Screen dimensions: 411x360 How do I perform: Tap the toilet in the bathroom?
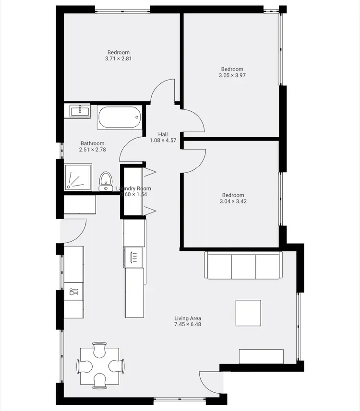coord(106,182)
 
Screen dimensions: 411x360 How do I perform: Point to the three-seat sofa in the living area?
coord(243,265)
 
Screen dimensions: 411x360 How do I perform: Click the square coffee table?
coord(248,313)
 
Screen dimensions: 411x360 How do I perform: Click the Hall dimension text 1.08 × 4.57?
coord(163,141)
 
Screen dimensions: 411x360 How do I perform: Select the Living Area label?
coord(187,318)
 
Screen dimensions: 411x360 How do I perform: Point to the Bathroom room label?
coord(92,143)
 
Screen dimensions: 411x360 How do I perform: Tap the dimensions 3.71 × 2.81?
coord(118,59)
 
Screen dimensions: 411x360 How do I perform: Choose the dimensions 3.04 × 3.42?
coord(233,201)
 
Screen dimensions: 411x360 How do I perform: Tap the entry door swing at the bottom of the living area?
coord(209,382)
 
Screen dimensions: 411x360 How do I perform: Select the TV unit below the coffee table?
coord(261,356)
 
